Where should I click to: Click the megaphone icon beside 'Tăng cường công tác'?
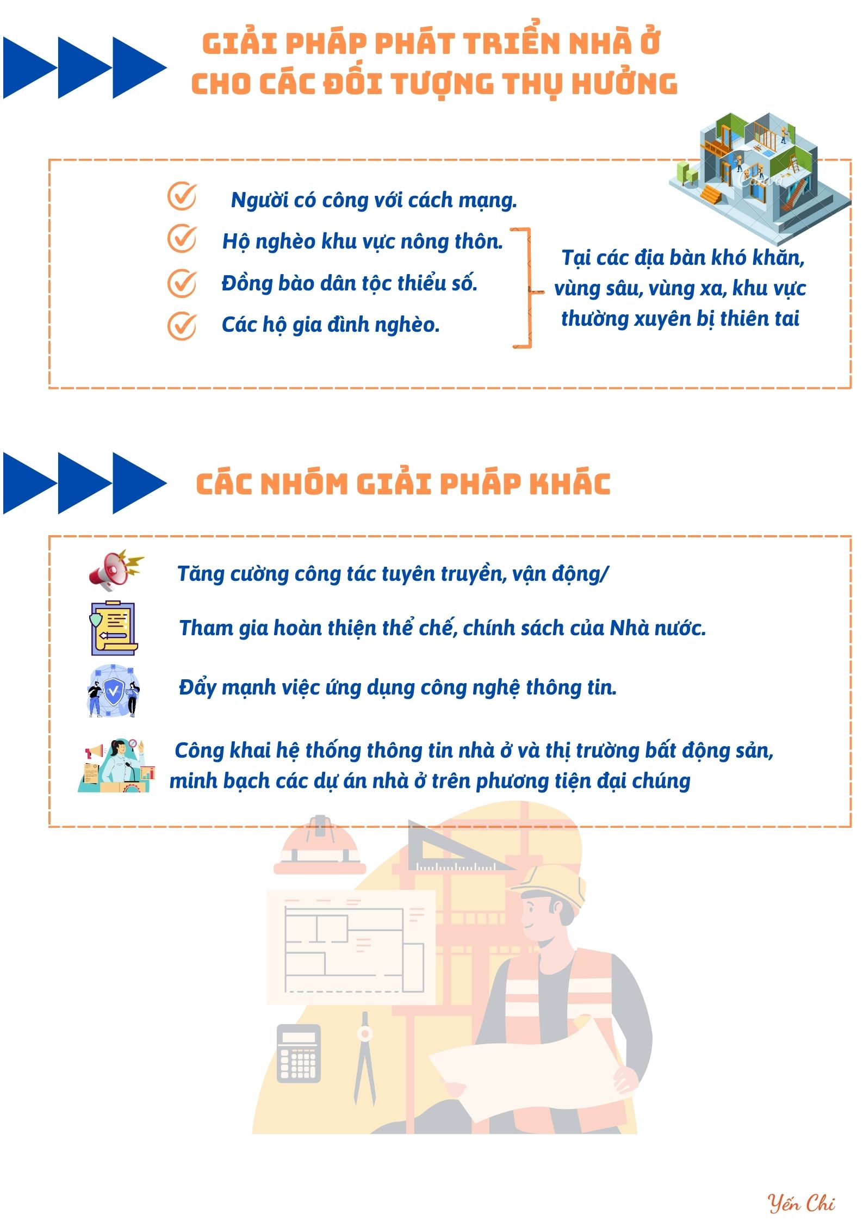(116, 570)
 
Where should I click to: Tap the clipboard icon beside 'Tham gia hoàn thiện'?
(114, 628)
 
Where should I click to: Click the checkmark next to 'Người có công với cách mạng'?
(182, 196)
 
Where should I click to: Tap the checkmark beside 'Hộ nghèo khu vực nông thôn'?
(182, 238)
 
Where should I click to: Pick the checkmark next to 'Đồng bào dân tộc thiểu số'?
(182, 283)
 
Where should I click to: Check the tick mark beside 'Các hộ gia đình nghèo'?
(182, 325)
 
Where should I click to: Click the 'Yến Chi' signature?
(801, 1203)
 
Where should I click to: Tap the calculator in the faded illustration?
(299, 1053)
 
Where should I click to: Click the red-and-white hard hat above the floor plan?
(320, 846)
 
